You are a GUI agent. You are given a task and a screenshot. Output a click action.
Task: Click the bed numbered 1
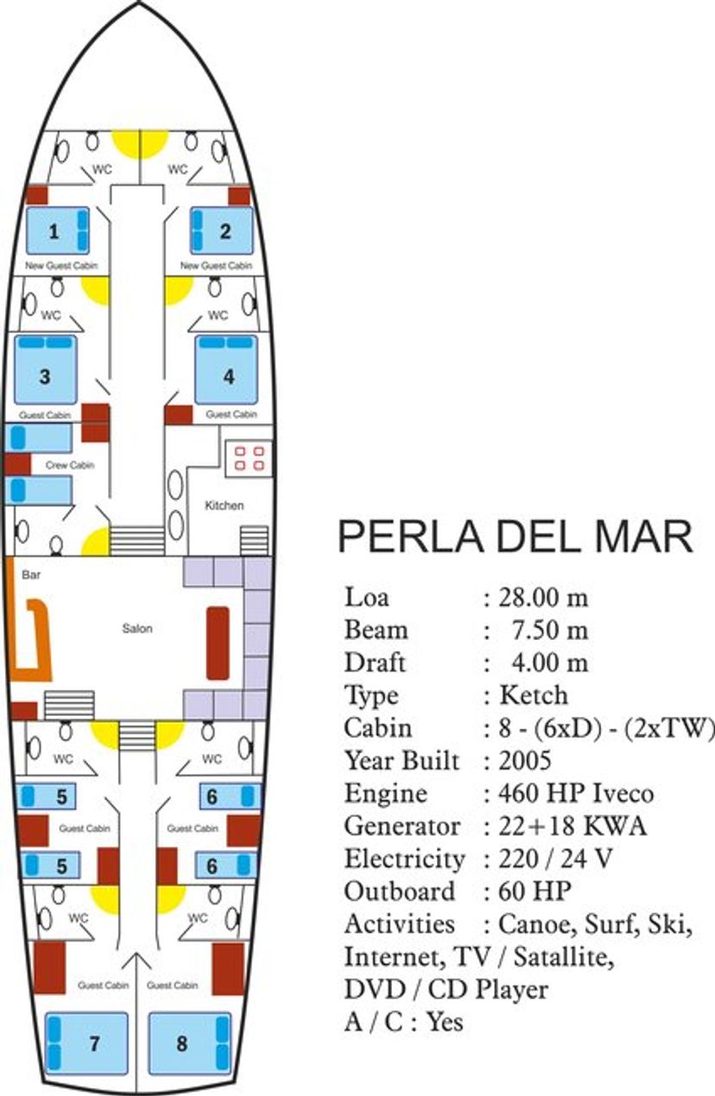tap(57, 231)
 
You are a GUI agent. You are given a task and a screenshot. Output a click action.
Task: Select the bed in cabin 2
tap(223, 231)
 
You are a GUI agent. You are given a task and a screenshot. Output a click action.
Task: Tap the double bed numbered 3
tap(46, 371)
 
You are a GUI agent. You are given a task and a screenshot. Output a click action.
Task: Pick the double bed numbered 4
tap(226, 371)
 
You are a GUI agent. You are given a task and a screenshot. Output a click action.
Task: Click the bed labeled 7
tap(86, 1043)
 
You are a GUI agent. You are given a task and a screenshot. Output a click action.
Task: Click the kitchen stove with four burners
tap(249, 458)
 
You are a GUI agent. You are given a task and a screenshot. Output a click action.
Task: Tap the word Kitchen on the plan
tap(224, 505)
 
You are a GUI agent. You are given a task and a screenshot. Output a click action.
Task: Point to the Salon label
tap(137, 629)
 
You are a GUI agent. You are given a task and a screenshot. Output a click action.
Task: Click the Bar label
tap(31, 573)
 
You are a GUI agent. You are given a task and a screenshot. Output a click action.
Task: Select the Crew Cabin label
tap(69, 466)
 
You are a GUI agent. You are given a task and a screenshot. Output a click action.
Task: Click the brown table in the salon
tap(218, 643)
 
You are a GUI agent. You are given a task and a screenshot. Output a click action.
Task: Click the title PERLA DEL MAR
tap(515, 537)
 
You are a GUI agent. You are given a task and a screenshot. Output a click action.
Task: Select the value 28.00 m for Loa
tap(546, 598)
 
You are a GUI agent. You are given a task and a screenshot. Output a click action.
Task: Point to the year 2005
tap(526, 761)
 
